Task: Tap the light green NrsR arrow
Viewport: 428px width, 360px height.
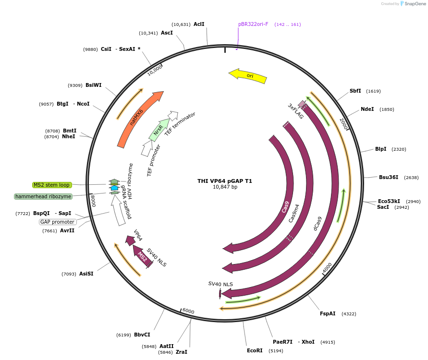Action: coord(159,130)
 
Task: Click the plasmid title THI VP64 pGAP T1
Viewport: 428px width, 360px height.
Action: coord(225,181)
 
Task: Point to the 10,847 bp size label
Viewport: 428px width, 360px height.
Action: coord(225,187)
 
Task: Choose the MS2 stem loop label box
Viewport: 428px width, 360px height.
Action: coord(52,185)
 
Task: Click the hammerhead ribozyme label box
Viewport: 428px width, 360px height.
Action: coord(43,196)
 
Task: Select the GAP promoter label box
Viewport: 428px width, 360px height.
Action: coord(58,222)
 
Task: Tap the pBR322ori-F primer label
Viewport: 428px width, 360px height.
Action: coord(253,24)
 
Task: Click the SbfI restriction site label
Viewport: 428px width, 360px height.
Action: coord(355,91)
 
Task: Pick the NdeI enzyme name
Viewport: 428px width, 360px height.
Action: coord(367,109)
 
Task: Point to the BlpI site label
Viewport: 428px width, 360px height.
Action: coord(381,149)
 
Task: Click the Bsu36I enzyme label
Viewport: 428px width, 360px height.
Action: coord(389,177)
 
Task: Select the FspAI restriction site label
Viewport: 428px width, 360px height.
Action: coord(328,313)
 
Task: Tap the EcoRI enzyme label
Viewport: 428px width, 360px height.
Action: coord(255,350)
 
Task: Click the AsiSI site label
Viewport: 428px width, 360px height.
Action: coord(86,274)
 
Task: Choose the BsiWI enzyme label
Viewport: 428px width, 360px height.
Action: coord(94,85)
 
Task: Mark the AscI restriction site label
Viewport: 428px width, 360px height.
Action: coord(167,33)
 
